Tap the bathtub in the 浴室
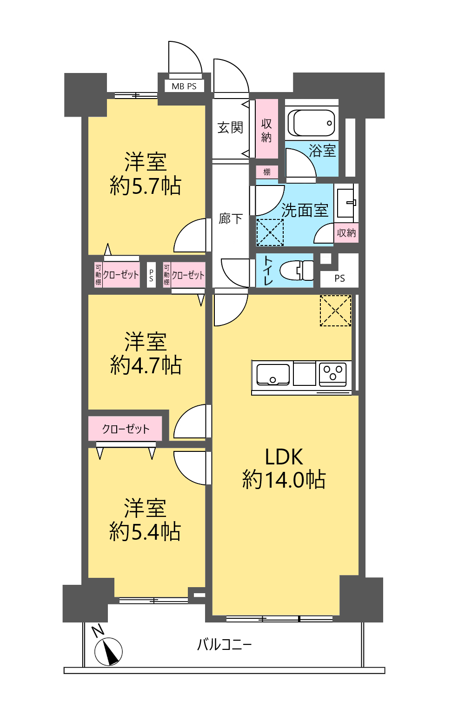click(312, 123)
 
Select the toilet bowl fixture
click(296, 270)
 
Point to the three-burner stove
click(332, 374)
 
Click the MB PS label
click(184, 86)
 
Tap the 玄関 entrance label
click(230, 127)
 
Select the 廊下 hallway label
click(231, 218)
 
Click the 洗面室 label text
click(305, 210)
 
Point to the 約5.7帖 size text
click(146, 186)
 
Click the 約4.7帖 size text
click(146, 365)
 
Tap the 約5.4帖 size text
click(145, 531)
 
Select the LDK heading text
click(284, 457)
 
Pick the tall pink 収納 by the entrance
click(266, 129)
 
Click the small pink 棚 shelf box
click(266, 172)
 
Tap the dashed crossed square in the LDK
click(336, 311)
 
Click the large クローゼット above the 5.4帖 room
click(125, 429)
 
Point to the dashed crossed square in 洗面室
click(270, 232)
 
